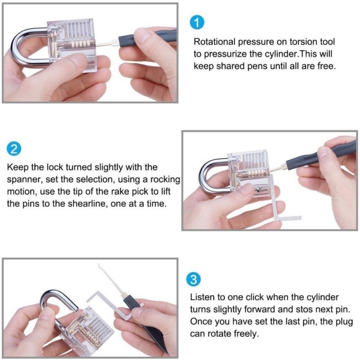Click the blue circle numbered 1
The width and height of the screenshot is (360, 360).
(x=197, y=22)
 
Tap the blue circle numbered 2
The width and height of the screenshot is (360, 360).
(x=14, y=149)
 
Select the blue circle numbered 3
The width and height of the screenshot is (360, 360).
(x=193, y=279)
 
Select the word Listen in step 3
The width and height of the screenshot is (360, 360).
(x=202, y=297)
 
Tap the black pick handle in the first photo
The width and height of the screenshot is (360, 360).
(x=147, y=37)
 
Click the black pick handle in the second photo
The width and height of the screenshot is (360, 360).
(x=319, y=155)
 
